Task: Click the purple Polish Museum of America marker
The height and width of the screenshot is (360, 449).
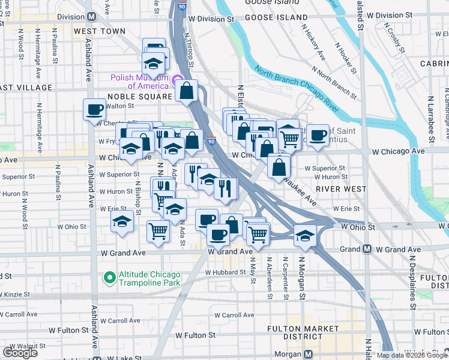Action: (x=177, y=80)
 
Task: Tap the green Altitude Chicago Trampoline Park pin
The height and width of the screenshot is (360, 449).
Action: (x=109, y=277)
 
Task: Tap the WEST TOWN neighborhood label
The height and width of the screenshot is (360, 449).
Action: (x=100, y=31)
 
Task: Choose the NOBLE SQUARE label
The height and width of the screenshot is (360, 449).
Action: (x=140, y=96)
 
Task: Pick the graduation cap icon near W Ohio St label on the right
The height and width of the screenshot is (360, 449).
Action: (x=305, y=235)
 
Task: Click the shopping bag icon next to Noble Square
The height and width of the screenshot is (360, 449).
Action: (x=187, y=91)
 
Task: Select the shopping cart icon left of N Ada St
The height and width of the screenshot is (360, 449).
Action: (x=158, y=230)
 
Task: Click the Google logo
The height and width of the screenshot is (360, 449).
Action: (x=20, y=353)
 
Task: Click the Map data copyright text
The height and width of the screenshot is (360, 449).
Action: (x=412, y=355)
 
